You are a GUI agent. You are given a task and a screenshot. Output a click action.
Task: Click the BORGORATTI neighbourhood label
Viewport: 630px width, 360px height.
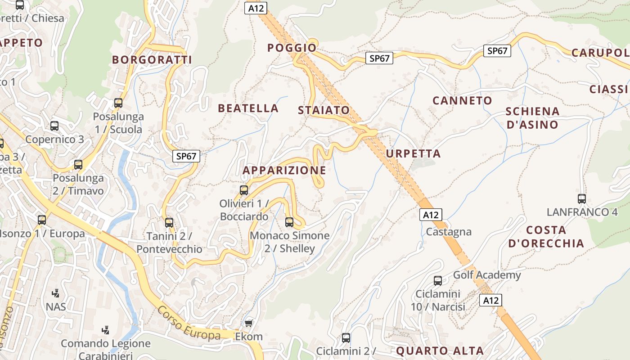(152, 59)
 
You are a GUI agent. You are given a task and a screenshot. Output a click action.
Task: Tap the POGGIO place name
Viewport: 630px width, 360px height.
(292, 48)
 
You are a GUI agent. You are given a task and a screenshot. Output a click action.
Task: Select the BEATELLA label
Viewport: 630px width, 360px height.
(248, 108)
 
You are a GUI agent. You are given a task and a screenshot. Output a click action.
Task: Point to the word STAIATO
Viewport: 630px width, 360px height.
(324, 110)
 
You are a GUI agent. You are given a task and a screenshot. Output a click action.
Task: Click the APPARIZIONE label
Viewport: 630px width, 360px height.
(284, 170)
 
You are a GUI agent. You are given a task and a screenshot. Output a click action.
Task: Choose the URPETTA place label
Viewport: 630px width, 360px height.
(413, 153)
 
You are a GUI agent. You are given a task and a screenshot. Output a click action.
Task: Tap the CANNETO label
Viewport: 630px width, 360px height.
(462, 100)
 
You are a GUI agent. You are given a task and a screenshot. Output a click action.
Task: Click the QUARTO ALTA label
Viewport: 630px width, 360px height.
(440, 351)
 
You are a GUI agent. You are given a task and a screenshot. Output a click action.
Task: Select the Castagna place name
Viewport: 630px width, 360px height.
(449, 232)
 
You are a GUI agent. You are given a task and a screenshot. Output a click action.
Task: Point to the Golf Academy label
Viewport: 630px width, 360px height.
(487, 274)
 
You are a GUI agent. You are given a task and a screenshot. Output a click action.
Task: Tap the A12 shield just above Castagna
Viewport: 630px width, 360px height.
(431, 215)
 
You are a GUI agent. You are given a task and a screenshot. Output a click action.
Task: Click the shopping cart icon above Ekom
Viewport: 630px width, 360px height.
(248, 323)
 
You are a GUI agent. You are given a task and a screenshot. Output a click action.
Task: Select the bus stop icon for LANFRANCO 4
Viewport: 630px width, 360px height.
(582, 198)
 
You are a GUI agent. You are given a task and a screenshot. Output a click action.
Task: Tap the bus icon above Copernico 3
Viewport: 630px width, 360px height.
(54, 126)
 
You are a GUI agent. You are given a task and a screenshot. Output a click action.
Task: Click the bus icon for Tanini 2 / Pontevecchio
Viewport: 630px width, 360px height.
(169, 222)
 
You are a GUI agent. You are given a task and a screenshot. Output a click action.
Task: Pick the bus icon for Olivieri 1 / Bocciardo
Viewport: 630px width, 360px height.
(244, 190)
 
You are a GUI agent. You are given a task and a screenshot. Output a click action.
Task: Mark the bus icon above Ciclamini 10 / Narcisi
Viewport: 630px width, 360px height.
(437, 281)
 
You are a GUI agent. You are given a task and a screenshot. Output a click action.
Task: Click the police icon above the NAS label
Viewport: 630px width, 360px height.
(55, 293)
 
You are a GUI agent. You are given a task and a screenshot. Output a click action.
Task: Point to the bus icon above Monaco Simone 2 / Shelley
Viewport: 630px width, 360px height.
(289, 222)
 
